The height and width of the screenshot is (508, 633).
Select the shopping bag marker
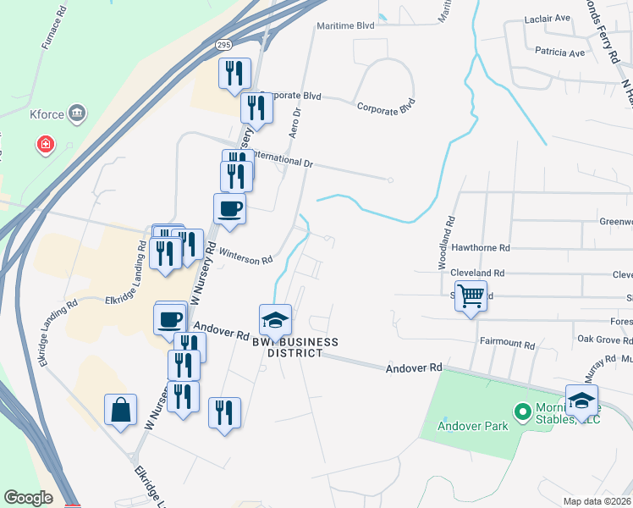click(121, 410)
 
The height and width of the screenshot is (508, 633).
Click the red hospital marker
click(44, 146)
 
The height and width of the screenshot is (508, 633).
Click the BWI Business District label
click(295, 347)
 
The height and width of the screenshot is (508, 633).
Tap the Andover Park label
click(472, 426)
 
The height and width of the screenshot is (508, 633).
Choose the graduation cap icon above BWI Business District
click(275, 320)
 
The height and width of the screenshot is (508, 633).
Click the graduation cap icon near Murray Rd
click(582, 400)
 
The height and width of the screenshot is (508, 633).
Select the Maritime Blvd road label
click(345, 26)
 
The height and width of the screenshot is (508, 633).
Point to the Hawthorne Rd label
click(482, 249)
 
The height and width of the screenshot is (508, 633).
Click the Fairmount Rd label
click(508, 345)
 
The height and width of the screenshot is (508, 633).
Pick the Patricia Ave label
click(560, 52)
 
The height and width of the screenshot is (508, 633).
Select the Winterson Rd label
click(245, 254)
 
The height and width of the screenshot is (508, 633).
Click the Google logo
click(28, 498)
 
